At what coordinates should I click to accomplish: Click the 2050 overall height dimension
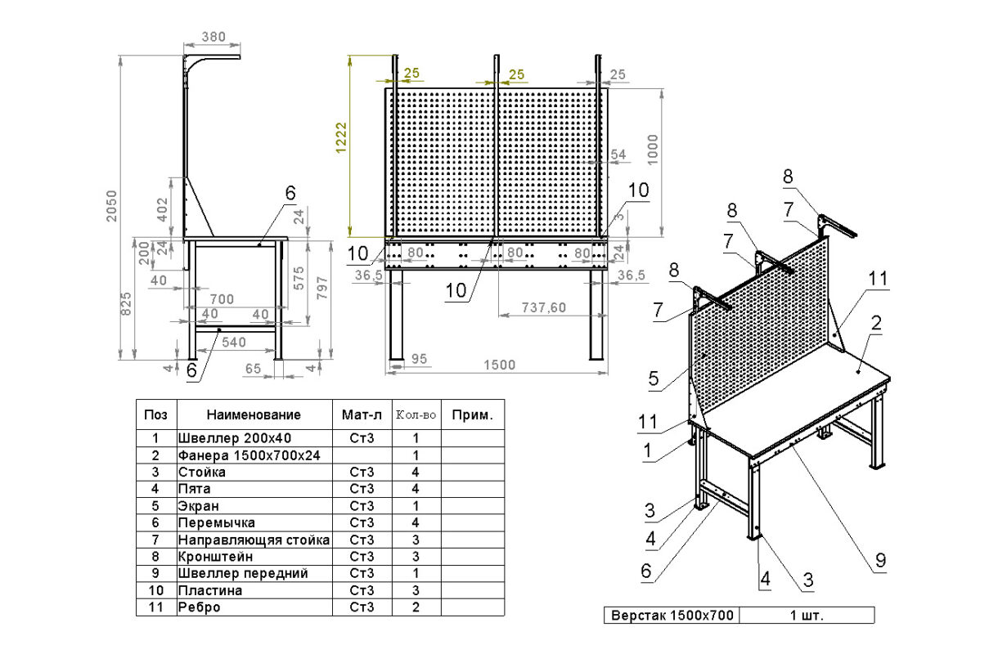point(111,206)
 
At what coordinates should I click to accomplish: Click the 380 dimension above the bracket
point(214,37)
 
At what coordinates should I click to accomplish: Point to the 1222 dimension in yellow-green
point(341,138)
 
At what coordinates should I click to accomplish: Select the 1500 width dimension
point(500,365)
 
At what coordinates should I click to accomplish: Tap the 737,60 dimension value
point(543,307)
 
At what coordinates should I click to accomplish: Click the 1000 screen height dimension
point(653,150)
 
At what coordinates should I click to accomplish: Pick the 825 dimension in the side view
point(126,303)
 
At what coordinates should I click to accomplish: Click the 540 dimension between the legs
point(234,343)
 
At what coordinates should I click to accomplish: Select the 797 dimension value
point(321,288)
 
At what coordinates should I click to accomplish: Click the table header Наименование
point(254,414)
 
